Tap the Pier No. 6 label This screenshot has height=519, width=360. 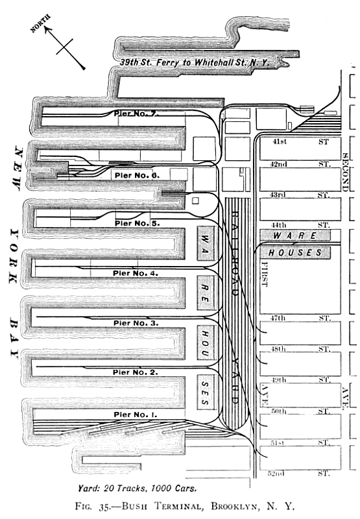pos(137,175)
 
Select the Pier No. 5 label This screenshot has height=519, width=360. pos(137,223)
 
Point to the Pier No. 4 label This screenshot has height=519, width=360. pos(136,273)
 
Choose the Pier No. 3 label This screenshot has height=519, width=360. pos(136,322)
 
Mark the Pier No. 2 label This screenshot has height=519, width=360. pos(136,372)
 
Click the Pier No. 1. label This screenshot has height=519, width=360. pos(136,415)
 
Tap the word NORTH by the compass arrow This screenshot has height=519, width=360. pos(40,23)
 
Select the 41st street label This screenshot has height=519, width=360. pos(280,141)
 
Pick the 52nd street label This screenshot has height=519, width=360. pos(276,474)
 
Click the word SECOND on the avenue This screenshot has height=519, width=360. pos(345,172)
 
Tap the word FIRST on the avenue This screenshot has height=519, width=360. pos(264,274)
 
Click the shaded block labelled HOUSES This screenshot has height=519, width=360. pos(295,253)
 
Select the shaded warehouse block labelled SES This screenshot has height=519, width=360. pos(206,392)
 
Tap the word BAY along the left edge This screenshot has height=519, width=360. pos(14,338)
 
